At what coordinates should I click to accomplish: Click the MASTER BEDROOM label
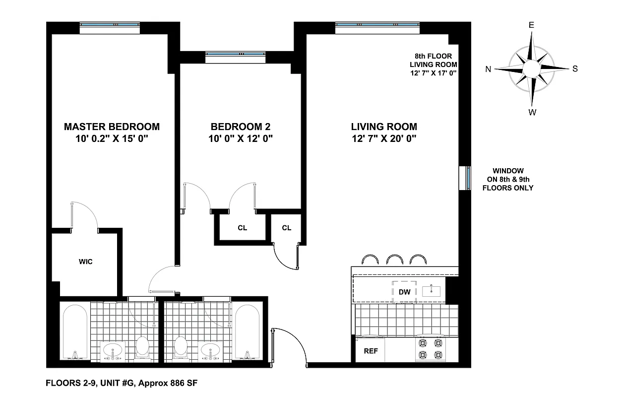click(112, 127)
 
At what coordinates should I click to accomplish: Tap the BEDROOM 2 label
click(241, 127)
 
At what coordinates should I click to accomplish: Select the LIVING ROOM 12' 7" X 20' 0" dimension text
click(384, 138)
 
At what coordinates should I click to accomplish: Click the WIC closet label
click(85, 262)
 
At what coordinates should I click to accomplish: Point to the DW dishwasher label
click(405, 292)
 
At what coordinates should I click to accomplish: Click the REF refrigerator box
click(371, 351)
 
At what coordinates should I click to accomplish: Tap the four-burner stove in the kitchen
click(430, 349)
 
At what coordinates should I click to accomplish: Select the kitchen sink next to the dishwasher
click(431, 291)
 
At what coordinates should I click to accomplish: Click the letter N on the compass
click(488, 69)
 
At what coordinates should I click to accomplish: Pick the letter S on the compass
click(575, 69)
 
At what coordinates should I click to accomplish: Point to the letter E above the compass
click(531, 25)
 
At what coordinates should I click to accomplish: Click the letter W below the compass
click(532, 112)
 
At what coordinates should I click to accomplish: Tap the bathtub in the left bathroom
click(76, 331)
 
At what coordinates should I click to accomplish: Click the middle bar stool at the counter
click(395, 260)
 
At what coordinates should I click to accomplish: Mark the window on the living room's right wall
click(467, 178)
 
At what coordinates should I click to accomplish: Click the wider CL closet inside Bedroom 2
click(242, 228)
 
